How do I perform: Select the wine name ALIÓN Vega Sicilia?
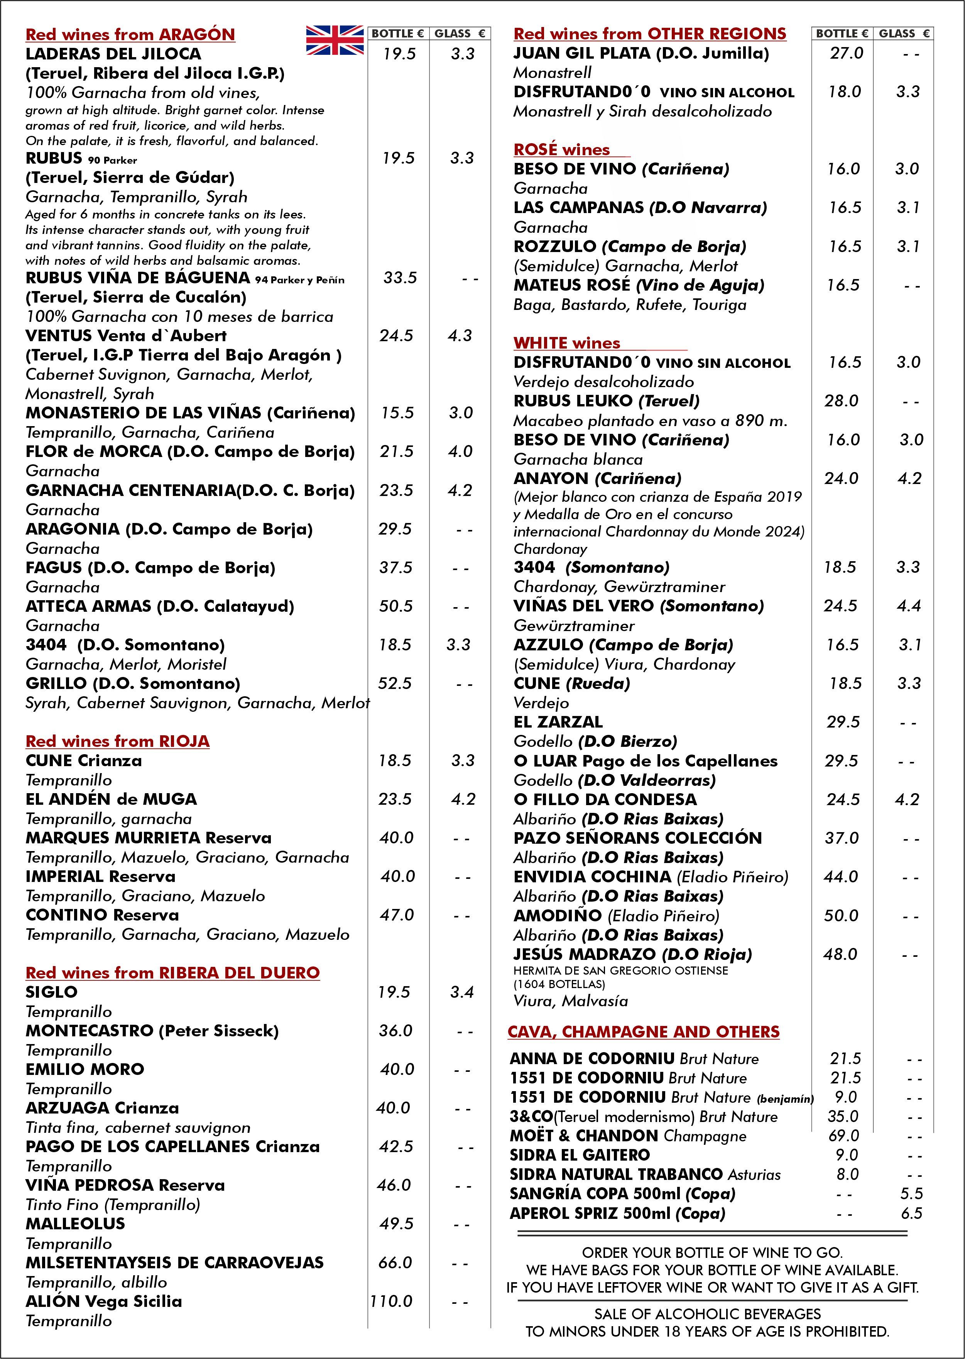103,1301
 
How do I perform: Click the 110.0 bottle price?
391,1301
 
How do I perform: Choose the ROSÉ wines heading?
561,150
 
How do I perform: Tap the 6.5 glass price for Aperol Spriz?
911,1213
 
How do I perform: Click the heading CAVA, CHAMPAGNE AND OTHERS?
644,1032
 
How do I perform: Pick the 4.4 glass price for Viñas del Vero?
909,606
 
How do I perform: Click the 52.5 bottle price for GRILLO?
395,684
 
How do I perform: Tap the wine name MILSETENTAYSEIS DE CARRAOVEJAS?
174,1263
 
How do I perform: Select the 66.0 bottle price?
395,1263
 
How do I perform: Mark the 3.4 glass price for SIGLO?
462,992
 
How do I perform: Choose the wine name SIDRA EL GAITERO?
580,1155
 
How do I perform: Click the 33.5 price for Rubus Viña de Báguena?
400,278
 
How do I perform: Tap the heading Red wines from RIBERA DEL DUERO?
172,973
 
